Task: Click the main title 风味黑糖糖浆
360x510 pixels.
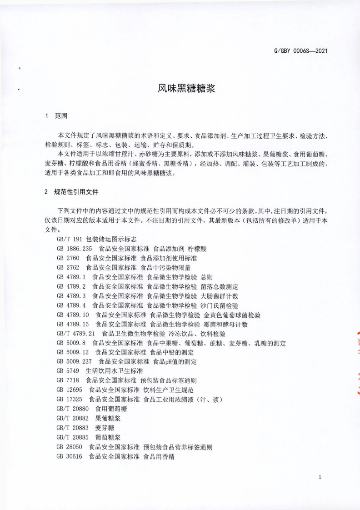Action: click(x=180, y=88)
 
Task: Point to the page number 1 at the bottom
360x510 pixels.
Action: click(x=320, y=477)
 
